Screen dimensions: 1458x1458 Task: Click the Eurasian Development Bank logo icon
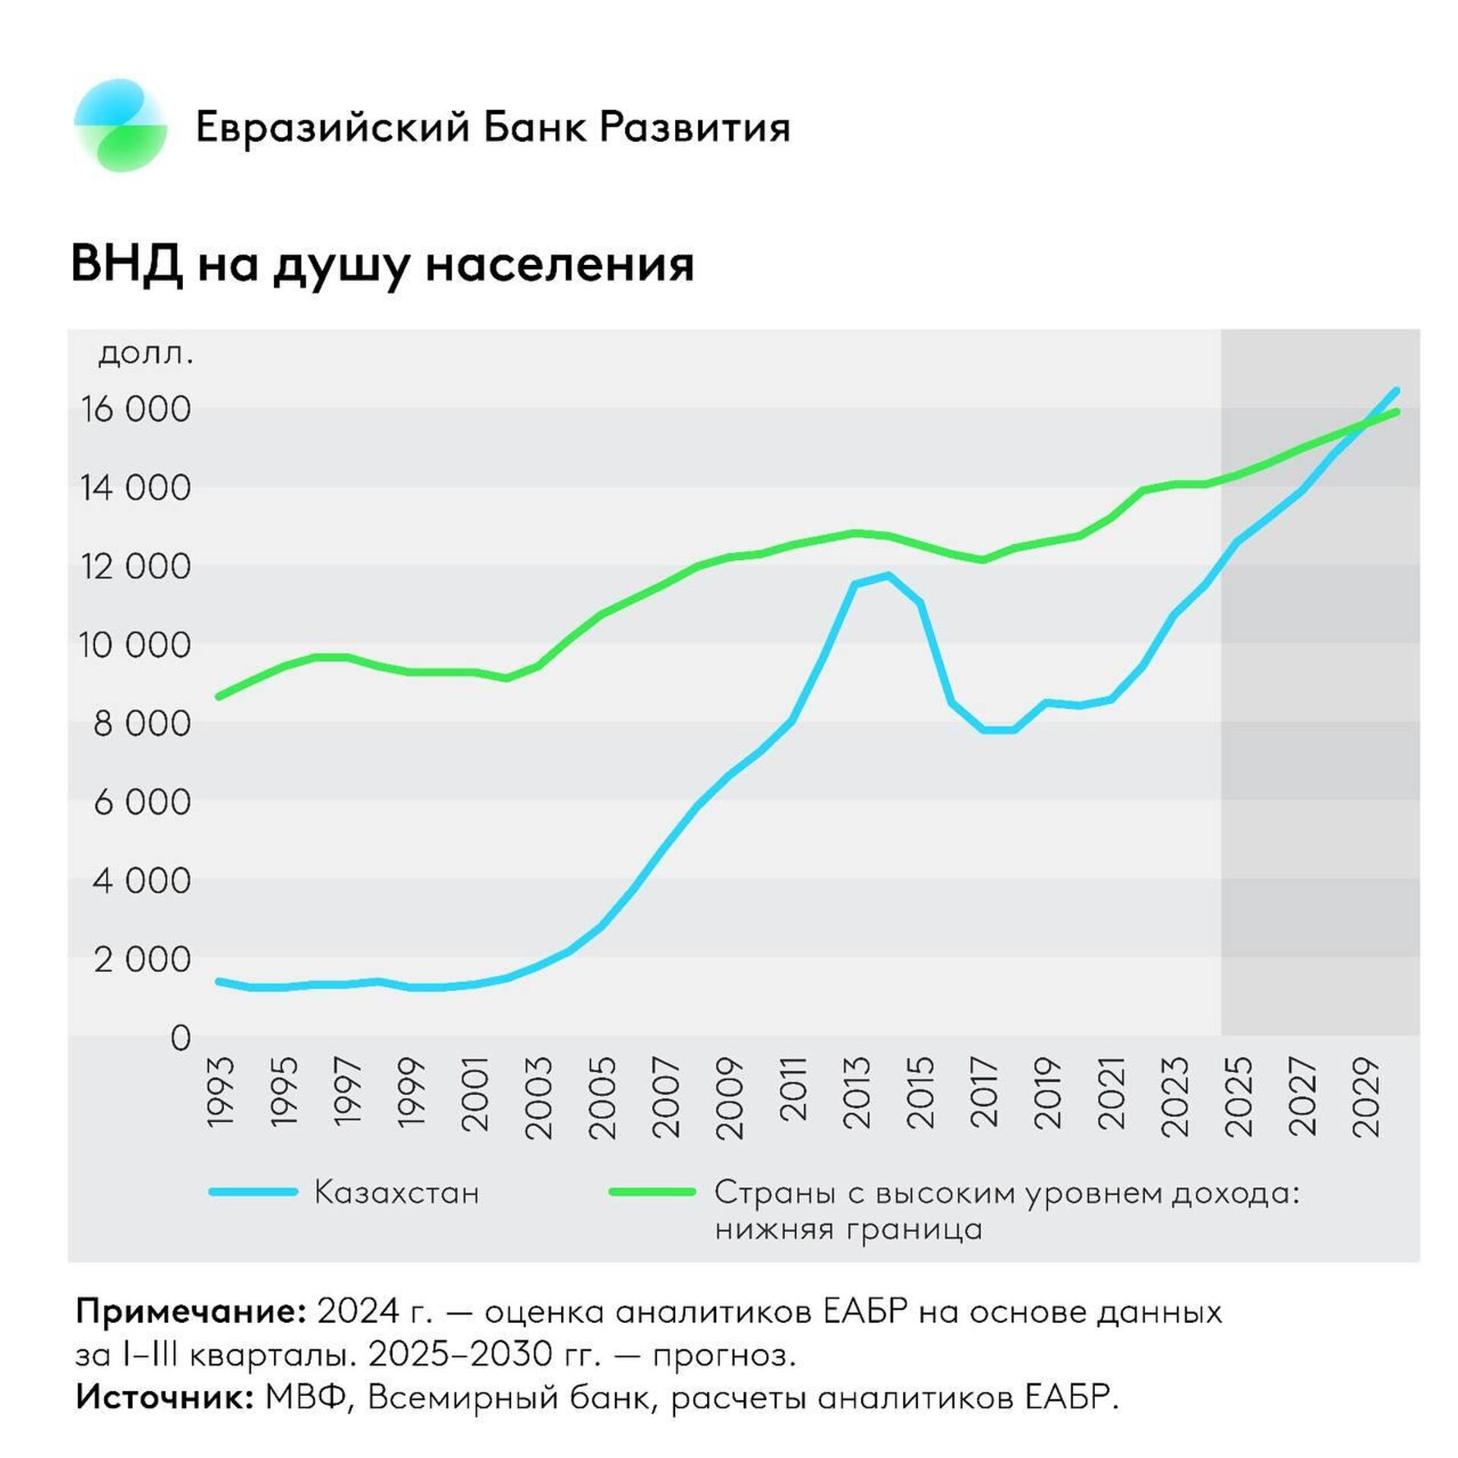(x=121, y=125)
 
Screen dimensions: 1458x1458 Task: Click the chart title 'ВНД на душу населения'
(x=383, y=264)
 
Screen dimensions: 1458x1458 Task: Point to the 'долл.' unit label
(x=147, y=353)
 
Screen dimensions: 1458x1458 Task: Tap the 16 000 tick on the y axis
(x=136, y=409)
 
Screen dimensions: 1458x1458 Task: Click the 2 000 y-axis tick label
(x=142, y=960)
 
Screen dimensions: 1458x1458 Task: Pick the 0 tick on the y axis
(x=180, y=1038)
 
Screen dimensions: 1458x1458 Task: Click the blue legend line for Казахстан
(x=254, y=1192)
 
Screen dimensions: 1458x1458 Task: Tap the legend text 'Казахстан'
(x=397, y=1193)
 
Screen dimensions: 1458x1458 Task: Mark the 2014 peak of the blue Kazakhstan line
(x=887, y=575)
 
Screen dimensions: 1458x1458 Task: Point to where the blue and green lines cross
(x=1365, y=424)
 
